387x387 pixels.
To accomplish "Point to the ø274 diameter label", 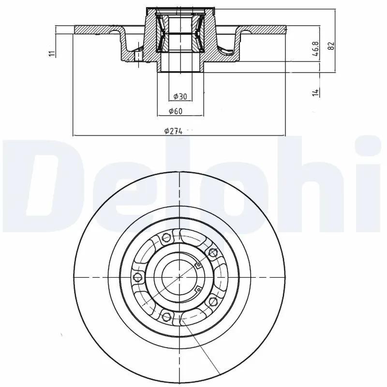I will tap(173, 131).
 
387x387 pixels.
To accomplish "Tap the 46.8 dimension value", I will tap(315, 50).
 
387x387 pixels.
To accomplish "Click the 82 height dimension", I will tap(331, 46).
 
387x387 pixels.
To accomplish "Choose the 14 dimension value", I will tap(315, 91).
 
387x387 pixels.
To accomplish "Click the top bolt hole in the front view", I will tap(167, 238).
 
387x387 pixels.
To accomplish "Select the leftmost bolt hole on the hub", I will tap(137, 277).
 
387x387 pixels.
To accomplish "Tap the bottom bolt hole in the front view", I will tap(167, 317).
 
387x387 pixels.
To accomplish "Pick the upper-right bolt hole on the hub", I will tap(211, 252).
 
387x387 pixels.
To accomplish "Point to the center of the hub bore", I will tap(179, 276).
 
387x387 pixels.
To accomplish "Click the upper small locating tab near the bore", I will tap(197, 264).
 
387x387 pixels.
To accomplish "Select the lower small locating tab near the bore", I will tap(197, 289).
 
